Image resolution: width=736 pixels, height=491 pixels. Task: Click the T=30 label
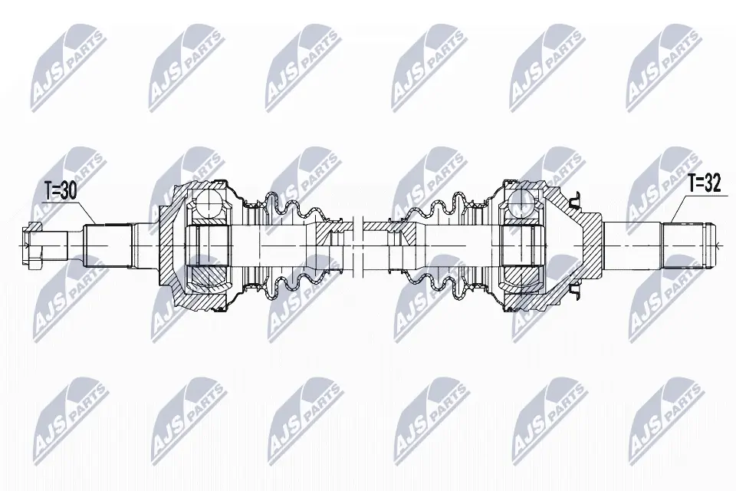61,191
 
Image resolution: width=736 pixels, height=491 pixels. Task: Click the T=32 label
704,183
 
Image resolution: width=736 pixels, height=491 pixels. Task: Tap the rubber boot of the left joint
286,246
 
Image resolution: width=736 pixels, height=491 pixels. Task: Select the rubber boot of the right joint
442,246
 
